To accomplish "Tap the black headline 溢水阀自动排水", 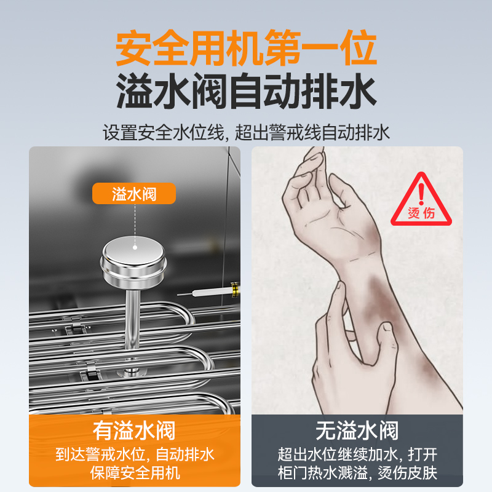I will click(x=246, y=94).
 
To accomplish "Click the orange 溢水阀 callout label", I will click(x=134, y=194).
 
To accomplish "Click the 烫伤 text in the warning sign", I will click(x=421, y=213).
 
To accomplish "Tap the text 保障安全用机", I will click(x=134, y=472).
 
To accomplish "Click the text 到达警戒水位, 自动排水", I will click(x=134, y=454).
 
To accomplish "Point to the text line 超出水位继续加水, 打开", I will click(x=357, y=454).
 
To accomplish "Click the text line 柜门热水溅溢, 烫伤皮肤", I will click(x=357, y=472).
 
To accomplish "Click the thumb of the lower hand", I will click(x=384, y=344).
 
